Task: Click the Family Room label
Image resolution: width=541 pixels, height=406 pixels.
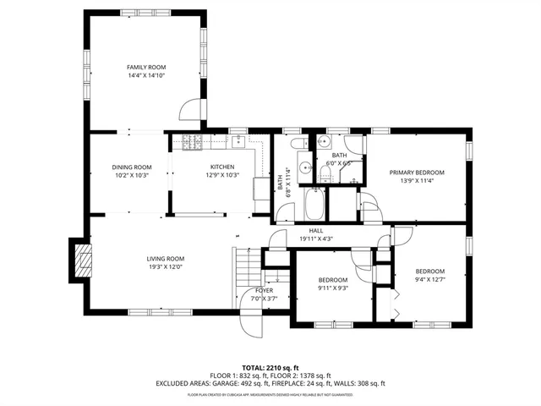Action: [146, 67]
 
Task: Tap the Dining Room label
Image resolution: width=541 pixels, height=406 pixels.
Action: [132, 167]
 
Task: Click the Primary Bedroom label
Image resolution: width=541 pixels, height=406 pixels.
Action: [417, 172]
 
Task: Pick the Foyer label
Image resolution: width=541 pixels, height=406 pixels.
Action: [264, 290]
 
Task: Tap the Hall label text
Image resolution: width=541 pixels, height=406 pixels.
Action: [315, 230]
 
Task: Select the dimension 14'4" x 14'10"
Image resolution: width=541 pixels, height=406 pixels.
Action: [146, 75]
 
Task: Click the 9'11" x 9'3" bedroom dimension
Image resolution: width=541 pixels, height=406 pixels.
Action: [332, 288]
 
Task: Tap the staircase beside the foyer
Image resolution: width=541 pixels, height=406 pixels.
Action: [245, 275]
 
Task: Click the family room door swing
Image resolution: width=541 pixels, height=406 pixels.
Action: [193, 110]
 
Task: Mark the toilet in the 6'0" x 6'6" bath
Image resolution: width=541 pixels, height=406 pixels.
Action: [324, 173]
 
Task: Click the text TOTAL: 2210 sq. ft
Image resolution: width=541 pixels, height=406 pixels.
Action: [270, 368]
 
